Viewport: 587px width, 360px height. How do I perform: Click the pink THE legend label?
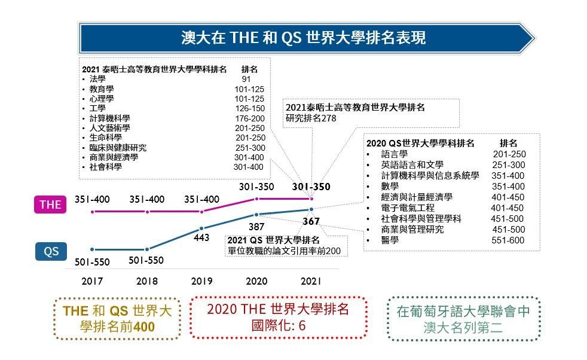(50, 205)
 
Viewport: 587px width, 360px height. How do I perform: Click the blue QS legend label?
(51, 251)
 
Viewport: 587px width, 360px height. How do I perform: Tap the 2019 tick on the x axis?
(201, 281)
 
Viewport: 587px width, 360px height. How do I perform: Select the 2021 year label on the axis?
(311, 281)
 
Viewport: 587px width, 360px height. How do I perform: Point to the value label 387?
(256, 227)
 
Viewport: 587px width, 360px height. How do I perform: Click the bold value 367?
(311, 221)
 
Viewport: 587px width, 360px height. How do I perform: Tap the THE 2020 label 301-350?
(256, 187)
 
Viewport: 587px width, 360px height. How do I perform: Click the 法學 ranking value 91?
(246, 79)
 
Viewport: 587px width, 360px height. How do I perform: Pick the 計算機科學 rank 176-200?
(249, 118)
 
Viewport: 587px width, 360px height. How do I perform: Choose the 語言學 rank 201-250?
(509, 154)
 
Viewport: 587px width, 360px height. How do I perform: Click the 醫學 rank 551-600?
(507, 240)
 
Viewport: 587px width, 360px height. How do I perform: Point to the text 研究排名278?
(311, 118)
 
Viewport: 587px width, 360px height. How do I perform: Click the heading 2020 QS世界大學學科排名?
(420, 144)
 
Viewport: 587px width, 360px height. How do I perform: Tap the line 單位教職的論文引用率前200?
(284, 251)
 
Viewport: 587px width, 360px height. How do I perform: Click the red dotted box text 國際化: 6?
(278, 325)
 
